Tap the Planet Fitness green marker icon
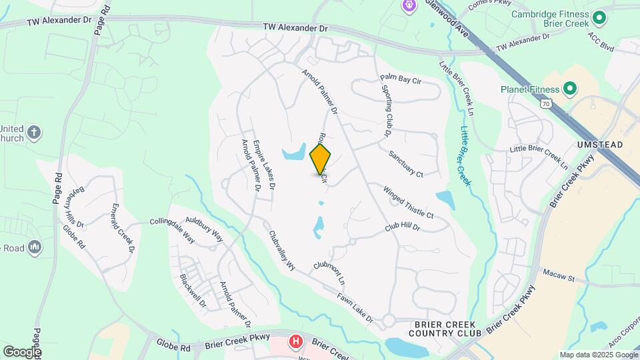tap(570, 89)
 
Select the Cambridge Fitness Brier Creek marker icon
tap(599, 17)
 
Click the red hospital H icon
tap(295, 342)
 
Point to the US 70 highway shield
tap(547, 104)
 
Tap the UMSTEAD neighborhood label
tap(600, 145)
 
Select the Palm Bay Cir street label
tap(401, 79)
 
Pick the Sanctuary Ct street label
tap(406, 163)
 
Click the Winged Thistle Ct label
tap(408, 203)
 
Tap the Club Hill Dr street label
tap(402, 228)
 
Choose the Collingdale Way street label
tap(172, 229)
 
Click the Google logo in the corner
tap(22, 351)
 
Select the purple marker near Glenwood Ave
tap(409, 6)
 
